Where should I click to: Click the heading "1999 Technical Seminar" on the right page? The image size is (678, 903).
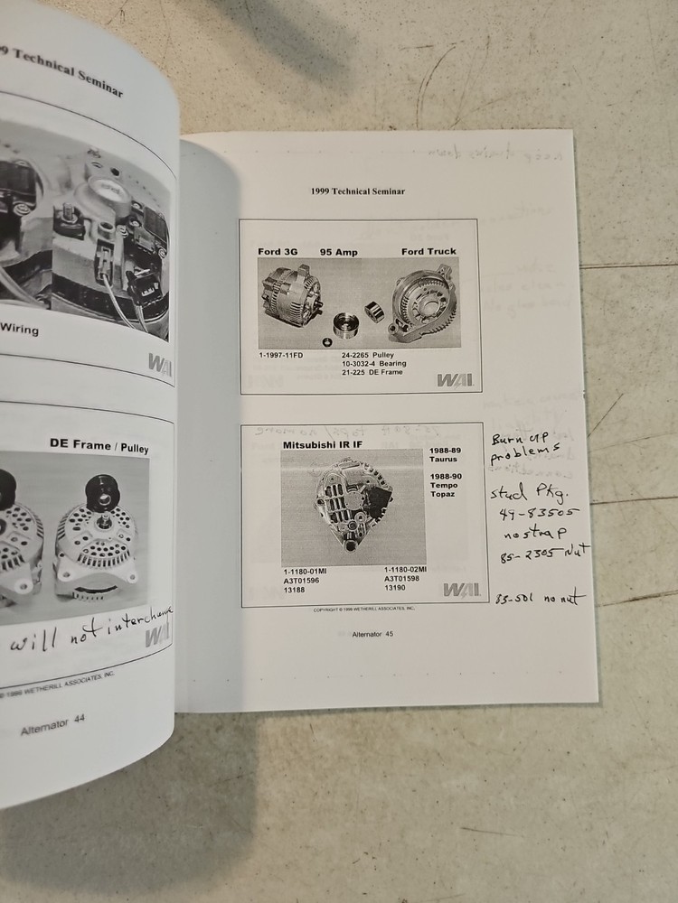(357, 191)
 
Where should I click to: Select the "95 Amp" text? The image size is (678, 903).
(339, 251)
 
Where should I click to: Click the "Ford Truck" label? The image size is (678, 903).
(428, 251)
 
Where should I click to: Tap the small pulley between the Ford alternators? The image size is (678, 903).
(344, 324)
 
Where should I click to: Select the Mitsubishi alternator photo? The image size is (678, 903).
(353, 507)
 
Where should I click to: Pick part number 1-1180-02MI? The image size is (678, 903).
(404, 570)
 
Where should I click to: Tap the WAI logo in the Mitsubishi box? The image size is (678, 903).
(461, 589)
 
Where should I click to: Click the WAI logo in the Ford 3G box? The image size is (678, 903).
(455, 379)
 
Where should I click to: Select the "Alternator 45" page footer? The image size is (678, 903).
(372, 634)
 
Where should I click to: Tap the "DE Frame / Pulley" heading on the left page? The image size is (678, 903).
(100, 444)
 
